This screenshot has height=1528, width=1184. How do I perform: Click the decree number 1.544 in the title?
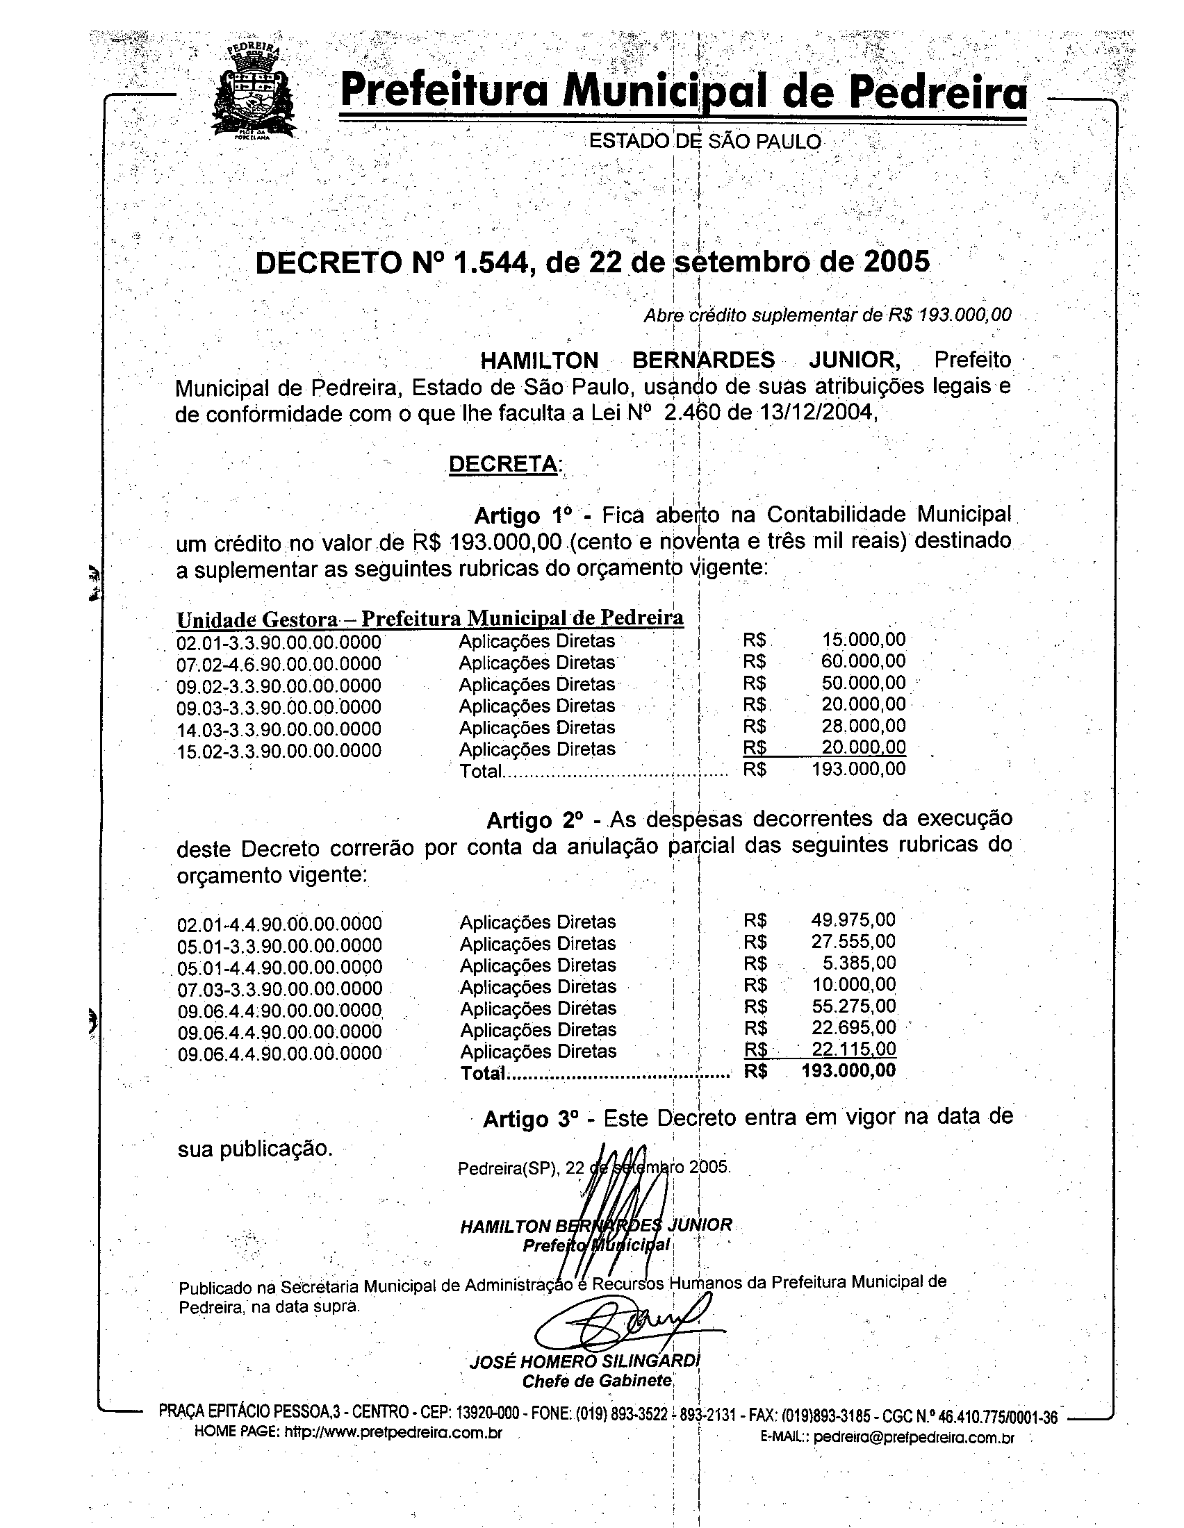coord(487,263)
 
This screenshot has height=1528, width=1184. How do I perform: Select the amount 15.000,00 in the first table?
coord(863,639)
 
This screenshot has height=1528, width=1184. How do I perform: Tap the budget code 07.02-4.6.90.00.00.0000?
coord(279,664)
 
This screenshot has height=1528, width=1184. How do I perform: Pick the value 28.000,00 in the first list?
coord(863,726)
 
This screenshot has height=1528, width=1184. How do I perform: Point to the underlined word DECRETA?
coord(504,464)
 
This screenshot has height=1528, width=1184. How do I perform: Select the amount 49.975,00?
coord(853,920)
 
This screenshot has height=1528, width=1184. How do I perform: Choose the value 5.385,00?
coord(860,963)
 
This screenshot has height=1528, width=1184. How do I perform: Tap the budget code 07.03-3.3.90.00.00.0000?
coord(279,988)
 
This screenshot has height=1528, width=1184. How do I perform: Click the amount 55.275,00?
coord(853,1007)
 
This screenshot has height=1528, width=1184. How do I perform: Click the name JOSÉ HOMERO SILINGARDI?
coord(584,1361)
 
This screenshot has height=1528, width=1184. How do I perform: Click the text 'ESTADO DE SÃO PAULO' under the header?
coord(705,141)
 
